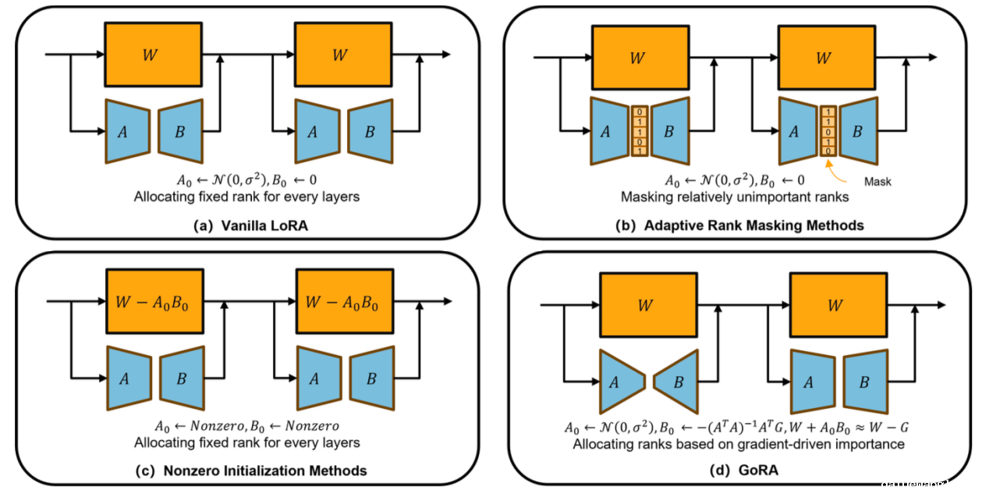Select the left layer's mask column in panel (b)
[640, 131]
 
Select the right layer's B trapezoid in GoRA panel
[865, 381]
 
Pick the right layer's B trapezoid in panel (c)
[371, 379]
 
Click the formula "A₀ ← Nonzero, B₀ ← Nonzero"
[246, 427]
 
